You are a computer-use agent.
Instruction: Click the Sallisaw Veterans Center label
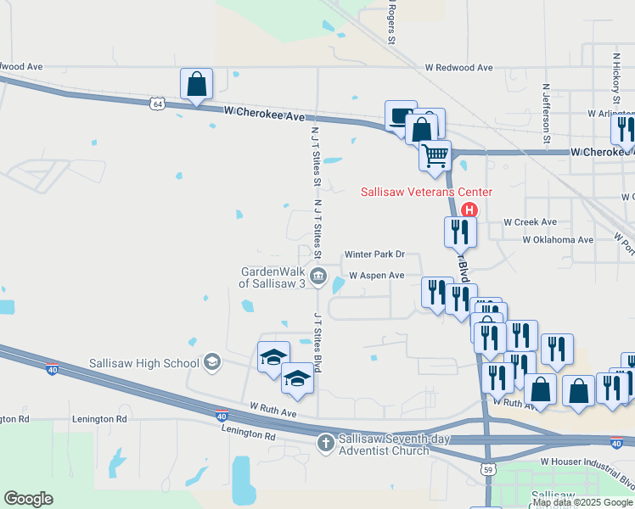click(x=426, y=193)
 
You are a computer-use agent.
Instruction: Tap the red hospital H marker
click(x=469, y=210)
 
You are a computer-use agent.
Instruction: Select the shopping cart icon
click(x=435, y=155)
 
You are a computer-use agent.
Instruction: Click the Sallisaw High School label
click(x=144, y=363)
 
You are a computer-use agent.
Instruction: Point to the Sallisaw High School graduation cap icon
click(x=212, y=363)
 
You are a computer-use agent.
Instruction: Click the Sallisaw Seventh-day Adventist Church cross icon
click(x=325, y=442)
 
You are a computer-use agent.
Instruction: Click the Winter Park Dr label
click(x=374, y=255)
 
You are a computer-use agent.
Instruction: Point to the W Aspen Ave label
click(x=377, y=276)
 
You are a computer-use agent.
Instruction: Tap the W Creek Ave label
click(x=530, y=222)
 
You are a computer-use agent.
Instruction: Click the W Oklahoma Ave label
click(x=558, y=240)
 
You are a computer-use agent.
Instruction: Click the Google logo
click(x=28, y=499)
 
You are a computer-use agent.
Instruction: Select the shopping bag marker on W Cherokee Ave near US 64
click(x=196, y=85)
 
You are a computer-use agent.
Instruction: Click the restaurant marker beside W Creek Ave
click(x=460, y=232)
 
